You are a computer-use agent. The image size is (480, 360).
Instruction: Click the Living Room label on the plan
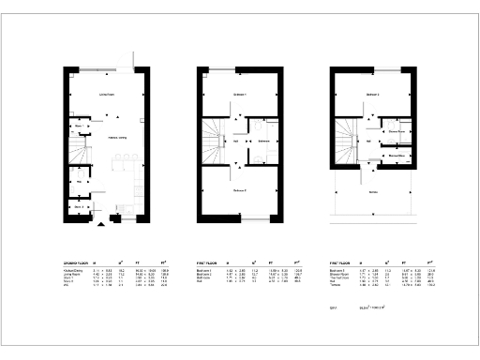click(106, 95)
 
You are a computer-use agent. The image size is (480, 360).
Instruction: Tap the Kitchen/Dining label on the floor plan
click(118, 139)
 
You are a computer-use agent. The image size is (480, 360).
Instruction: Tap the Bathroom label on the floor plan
click(263, 141)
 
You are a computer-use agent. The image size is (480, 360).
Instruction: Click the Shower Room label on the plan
click(397, 132)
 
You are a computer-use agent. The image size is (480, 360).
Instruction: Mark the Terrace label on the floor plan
click(373, 191)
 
